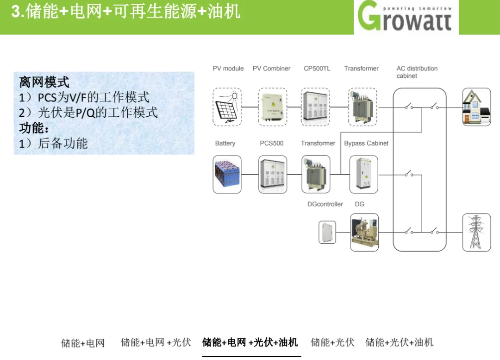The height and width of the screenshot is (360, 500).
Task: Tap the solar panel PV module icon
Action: point(227,107)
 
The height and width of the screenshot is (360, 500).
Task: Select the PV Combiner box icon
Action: point(273,107)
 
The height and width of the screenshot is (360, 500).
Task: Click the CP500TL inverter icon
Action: point(315,107)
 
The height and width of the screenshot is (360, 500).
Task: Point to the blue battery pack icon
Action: point(227,174)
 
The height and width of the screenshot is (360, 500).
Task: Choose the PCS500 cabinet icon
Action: point(273,174)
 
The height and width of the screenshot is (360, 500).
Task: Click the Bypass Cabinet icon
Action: point(364,174)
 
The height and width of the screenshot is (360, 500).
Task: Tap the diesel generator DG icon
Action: point(364,232)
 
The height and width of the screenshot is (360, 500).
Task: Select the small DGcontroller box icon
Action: point(327,232)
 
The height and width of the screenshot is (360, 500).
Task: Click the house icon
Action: point(477,107)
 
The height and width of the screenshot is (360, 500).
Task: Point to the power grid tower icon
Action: point(477,232)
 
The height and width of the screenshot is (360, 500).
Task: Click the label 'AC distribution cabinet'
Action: point(417,72)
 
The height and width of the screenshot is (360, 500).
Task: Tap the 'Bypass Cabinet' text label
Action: point(366,143)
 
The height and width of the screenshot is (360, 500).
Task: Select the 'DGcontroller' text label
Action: point(325,204)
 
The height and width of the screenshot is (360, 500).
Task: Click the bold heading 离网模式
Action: point(44,82)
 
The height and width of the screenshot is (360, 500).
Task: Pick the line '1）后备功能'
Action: point(53,143)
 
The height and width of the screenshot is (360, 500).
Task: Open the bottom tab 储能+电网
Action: point(83,343)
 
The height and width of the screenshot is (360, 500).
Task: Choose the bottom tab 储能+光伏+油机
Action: point(399,342)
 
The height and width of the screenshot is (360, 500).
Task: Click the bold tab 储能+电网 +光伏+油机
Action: point(250,342)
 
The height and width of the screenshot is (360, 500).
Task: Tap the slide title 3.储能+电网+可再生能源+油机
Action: point(125,12)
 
